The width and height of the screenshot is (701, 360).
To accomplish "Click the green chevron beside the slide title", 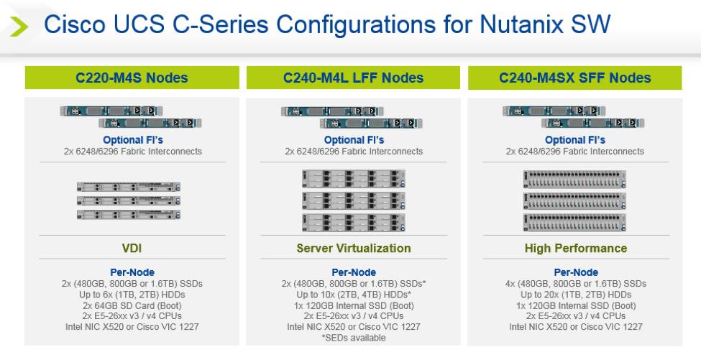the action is point(19,27).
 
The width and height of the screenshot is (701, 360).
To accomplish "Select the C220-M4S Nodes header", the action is point(132,78).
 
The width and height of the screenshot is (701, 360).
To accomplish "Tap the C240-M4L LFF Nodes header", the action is point(353,78).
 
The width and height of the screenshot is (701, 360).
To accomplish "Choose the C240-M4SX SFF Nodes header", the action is point(575,78).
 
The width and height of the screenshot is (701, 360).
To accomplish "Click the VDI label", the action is point(132,248).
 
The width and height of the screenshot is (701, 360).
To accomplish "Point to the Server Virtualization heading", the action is point(354,248).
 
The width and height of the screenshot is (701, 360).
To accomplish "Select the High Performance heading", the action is point(576,248).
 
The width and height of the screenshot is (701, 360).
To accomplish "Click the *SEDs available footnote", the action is point(354,338).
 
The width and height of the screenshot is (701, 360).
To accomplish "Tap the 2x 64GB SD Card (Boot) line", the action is point(132,305).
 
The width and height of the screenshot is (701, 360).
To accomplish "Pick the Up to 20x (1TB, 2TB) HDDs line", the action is point(576,295).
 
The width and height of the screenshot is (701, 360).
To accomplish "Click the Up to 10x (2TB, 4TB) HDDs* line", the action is point(354,295).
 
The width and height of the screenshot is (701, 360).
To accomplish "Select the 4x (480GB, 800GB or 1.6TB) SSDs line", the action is point(576,284).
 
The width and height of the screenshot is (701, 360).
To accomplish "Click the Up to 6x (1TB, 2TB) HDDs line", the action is point(132,295).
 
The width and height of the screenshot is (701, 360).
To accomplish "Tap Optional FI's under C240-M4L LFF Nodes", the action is point(354,140).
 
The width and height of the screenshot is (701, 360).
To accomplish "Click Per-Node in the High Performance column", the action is point(576,272).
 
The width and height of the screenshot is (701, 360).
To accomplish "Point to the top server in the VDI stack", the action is point(129,187).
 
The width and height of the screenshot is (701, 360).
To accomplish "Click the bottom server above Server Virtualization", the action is point(354,223).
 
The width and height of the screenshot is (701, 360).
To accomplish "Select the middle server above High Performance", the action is point(574,201).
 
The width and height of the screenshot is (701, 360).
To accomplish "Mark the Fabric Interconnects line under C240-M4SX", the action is point(575,152).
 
